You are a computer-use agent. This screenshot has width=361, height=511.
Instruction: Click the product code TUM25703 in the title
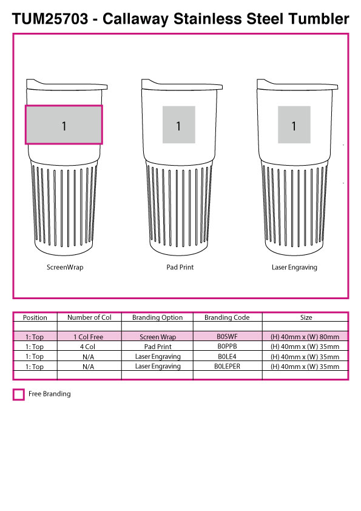(x=50, y=19)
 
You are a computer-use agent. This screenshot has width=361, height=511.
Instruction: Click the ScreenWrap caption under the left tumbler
(x=65, y=267)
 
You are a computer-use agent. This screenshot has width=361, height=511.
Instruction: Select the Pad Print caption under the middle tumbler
(x=180, y=267)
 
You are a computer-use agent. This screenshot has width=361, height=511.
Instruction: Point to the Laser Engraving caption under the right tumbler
(x=294, y=268)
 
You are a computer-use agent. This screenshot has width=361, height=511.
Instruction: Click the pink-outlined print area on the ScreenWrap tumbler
(x=64, y=125)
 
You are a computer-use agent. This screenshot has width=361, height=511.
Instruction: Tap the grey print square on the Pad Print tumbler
(x=179, y=124)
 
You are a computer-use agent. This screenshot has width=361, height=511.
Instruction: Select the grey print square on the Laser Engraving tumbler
(x=294, y=124)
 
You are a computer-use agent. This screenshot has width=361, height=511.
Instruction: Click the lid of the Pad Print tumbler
(x=182, y=85)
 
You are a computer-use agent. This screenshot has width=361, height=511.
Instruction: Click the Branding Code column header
(x=227, y=317)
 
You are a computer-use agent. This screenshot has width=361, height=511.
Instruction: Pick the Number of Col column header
(x=89, y=317)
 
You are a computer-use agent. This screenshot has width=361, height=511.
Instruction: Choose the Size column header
(x=306, y=317)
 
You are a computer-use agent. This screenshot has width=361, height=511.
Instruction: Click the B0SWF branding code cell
(x=227, y=337)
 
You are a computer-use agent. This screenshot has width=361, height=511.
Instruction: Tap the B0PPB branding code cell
(x=227, y=347)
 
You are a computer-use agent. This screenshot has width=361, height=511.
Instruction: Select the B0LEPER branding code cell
(x=227, y=367)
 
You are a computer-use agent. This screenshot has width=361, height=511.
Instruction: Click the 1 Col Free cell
(x=89, y=337)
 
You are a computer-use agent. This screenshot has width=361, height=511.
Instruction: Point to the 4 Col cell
(x=87, y=347)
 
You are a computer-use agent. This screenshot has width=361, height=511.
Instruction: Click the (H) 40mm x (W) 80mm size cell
(x=305, y=337)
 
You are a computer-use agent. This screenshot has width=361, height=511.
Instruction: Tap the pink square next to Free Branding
(x=19, y=394)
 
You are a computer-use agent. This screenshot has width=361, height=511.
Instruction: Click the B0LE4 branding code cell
(x=227, y=356)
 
